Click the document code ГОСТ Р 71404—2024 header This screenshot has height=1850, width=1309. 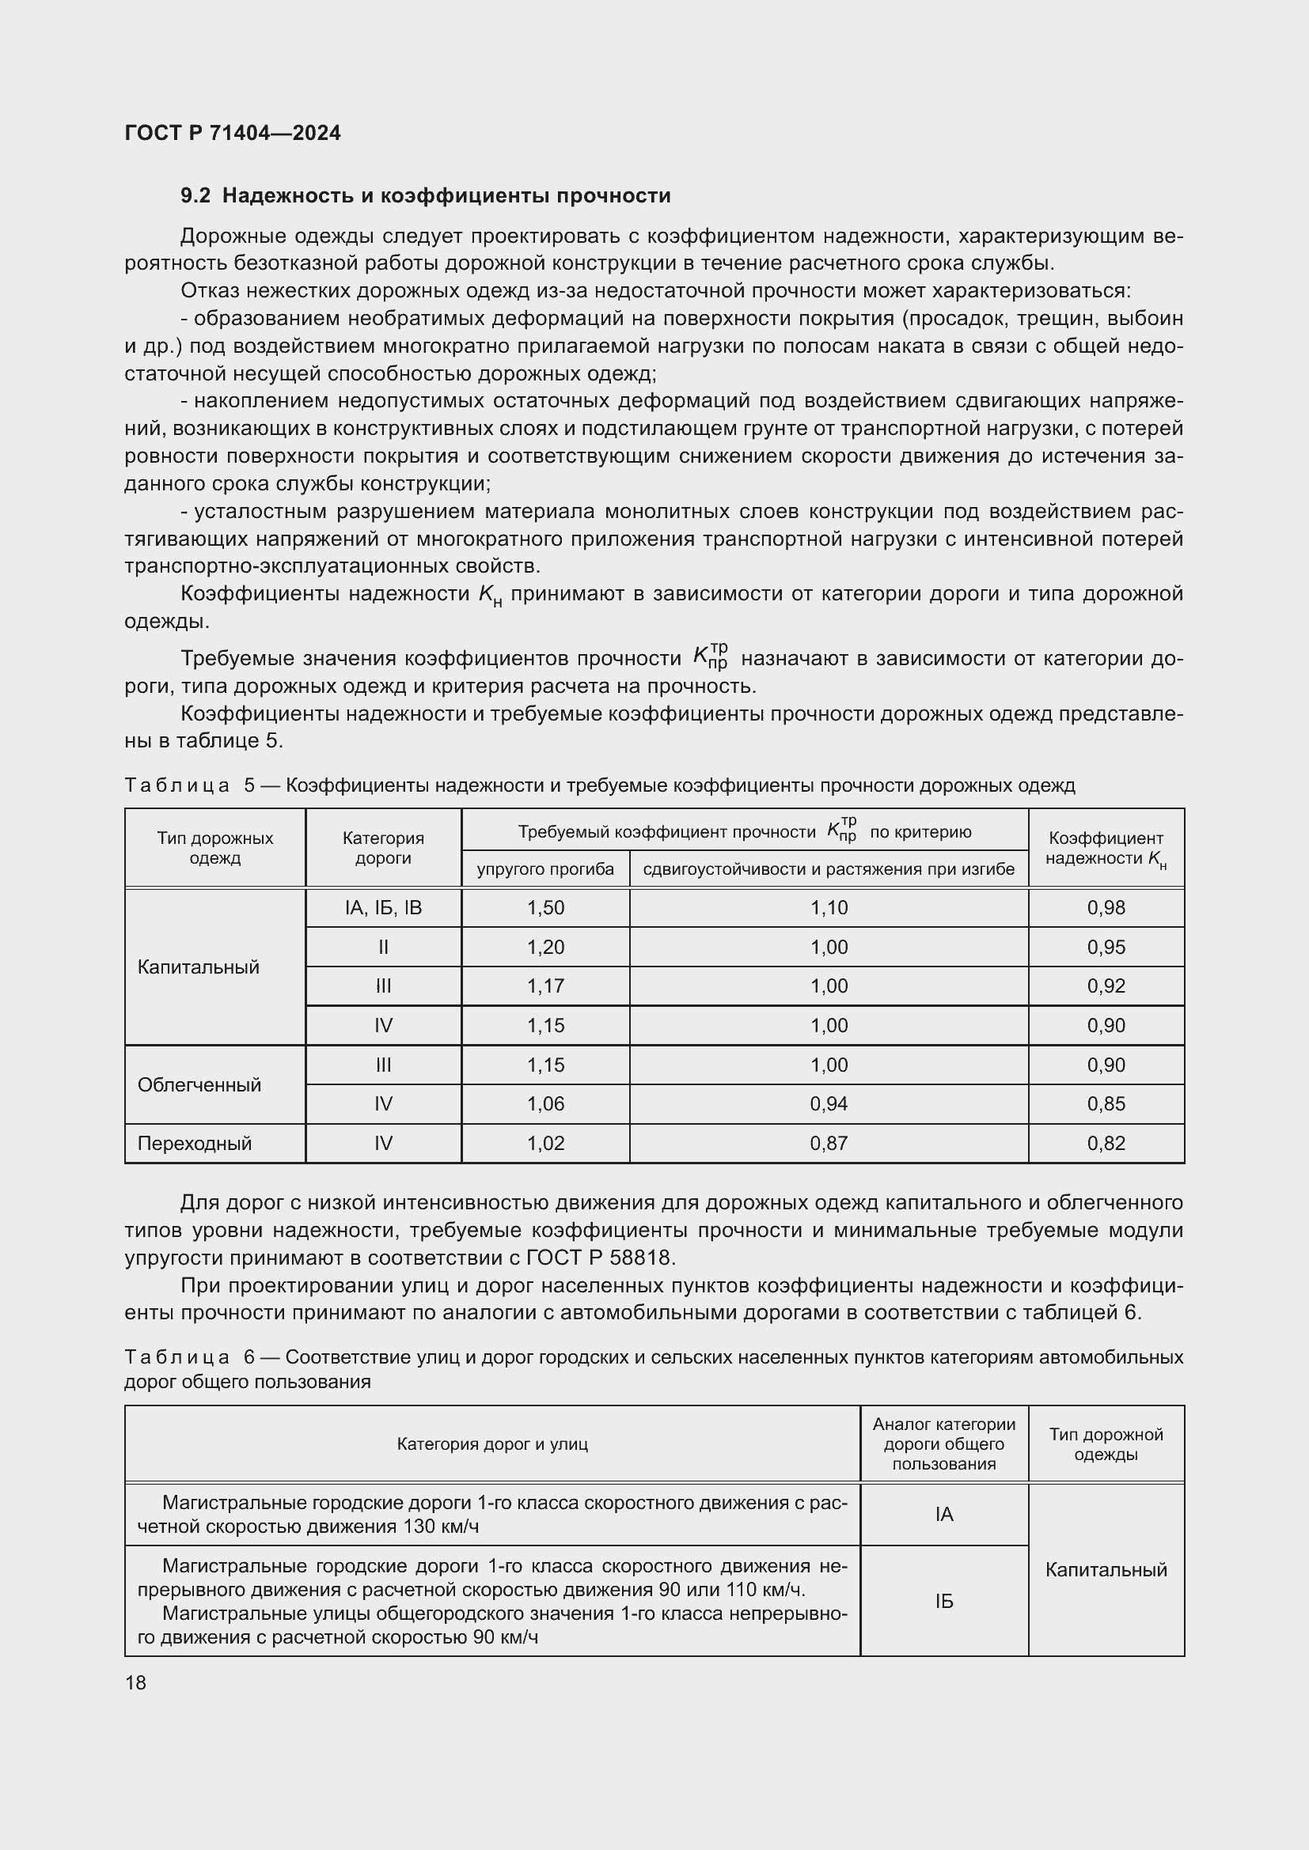pyautogui.click(x=232, y=133)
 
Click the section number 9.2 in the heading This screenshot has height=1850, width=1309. pyautogui.click(x=195, y=196)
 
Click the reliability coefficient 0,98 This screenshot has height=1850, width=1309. pyautogui.click(x=1106, y=908)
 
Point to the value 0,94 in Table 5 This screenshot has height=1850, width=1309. pyautogui.click(x=829, y=1104)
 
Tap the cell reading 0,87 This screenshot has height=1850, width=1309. pyautogui.click(x=829, y=1144)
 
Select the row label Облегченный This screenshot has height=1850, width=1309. pyautogui.click(x=199, y=1084)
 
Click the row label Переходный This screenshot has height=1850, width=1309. pyautogui.click(x=194, y=1144)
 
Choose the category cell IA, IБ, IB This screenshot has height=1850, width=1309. pyautogui.click(x=383, y=908)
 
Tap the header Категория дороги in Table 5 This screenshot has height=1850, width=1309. pyautogui.click(x=383, y=848)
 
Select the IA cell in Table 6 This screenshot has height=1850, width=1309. pyautogui.click(x=944, y=1515)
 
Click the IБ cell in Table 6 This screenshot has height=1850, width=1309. pyautogui.click(x=944, y=1601)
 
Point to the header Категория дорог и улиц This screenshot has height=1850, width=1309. pyautogui.click(x=491, y=1444)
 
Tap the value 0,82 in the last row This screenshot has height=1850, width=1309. pyautogui.click(x=1106, y=1144)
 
